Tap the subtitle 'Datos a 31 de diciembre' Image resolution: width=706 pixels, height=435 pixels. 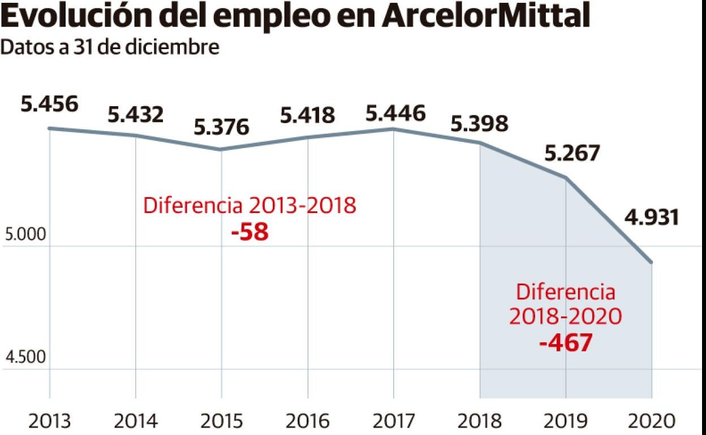point(110,49)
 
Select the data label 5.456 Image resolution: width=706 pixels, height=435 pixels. point(49,105)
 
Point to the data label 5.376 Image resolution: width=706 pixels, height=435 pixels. point(221,127)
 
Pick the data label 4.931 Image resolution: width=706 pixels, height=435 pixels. point(651,217)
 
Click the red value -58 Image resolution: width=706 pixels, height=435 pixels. point(249,232)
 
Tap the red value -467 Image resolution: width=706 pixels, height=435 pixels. point(566,342)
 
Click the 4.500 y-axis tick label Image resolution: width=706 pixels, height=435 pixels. point(24,358)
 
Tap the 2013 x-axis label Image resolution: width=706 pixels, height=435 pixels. point(49,421)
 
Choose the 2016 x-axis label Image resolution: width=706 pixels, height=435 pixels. point(307,421)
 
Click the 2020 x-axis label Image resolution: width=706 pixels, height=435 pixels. point(651,421)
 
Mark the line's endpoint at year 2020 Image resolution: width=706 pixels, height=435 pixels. point(652,262)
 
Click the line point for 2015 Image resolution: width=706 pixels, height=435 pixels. point(221,150)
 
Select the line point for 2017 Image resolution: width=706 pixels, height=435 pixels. point(394,129)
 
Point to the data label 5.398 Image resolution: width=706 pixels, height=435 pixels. point(479,123)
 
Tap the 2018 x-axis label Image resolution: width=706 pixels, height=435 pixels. point(479,421)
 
